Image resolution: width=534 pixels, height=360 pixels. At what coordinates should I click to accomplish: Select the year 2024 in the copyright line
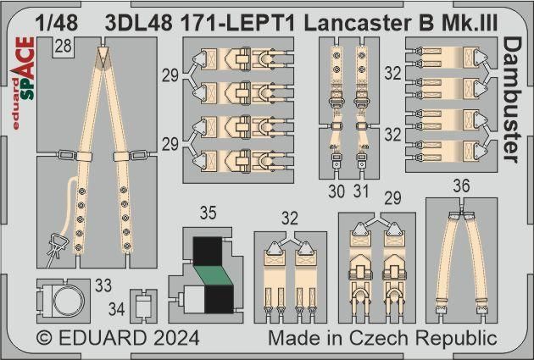(x=174, y=339)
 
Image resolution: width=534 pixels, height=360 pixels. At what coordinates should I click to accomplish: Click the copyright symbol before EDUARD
(x=45, y=339)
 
